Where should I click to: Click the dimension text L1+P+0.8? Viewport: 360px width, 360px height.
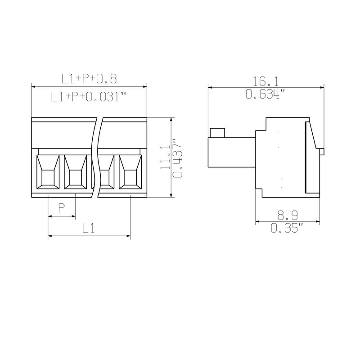click(89, 78)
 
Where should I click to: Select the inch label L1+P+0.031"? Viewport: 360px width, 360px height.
click(89, 96)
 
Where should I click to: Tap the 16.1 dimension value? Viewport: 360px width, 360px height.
click(265, 81)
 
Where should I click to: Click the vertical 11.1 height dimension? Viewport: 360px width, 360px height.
click(165, 157)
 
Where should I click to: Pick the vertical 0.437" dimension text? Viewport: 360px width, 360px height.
click(177, 158)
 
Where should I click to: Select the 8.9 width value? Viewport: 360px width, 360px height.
click(288, 216)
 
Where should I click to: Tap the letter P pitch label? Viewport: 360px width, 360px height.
click(61, 208)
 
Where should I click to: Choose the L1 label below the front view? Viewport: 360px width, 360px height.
click(88, 229)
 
